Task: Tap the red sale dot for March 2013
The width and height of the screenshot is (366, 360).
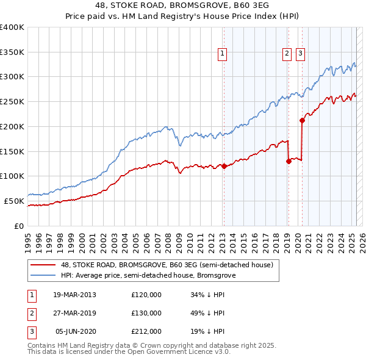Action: coord(223,166)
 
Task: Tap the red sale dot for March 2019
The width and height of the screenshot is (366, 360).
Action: coord(288,161)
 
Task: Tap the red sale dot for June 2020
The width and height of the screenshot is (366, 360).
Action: coord(302,120)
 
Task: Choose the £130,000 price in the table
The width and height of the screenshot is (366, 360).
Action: coord(146,312)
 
